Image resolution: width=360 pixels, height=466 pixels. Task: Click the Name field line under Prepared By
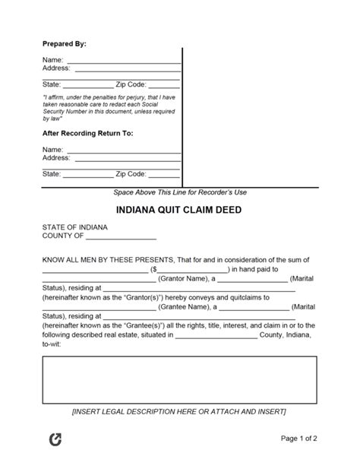coord(124,61)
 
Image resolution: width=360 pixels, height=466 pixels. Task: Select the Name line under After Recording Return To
coord(124,151)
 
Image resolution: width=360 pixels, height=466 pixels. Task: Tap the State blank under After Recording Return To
coord(87,175)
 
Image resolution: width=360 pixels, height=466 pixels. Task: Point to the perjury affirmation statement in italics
coord(109,108)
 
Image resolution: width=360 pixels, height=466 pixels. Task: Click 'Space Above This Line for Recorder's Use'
coord(180,193)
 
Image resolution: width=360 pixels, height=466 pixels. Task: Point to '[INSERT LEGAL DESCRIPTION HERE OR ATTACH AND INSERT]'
coord(180,411)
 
